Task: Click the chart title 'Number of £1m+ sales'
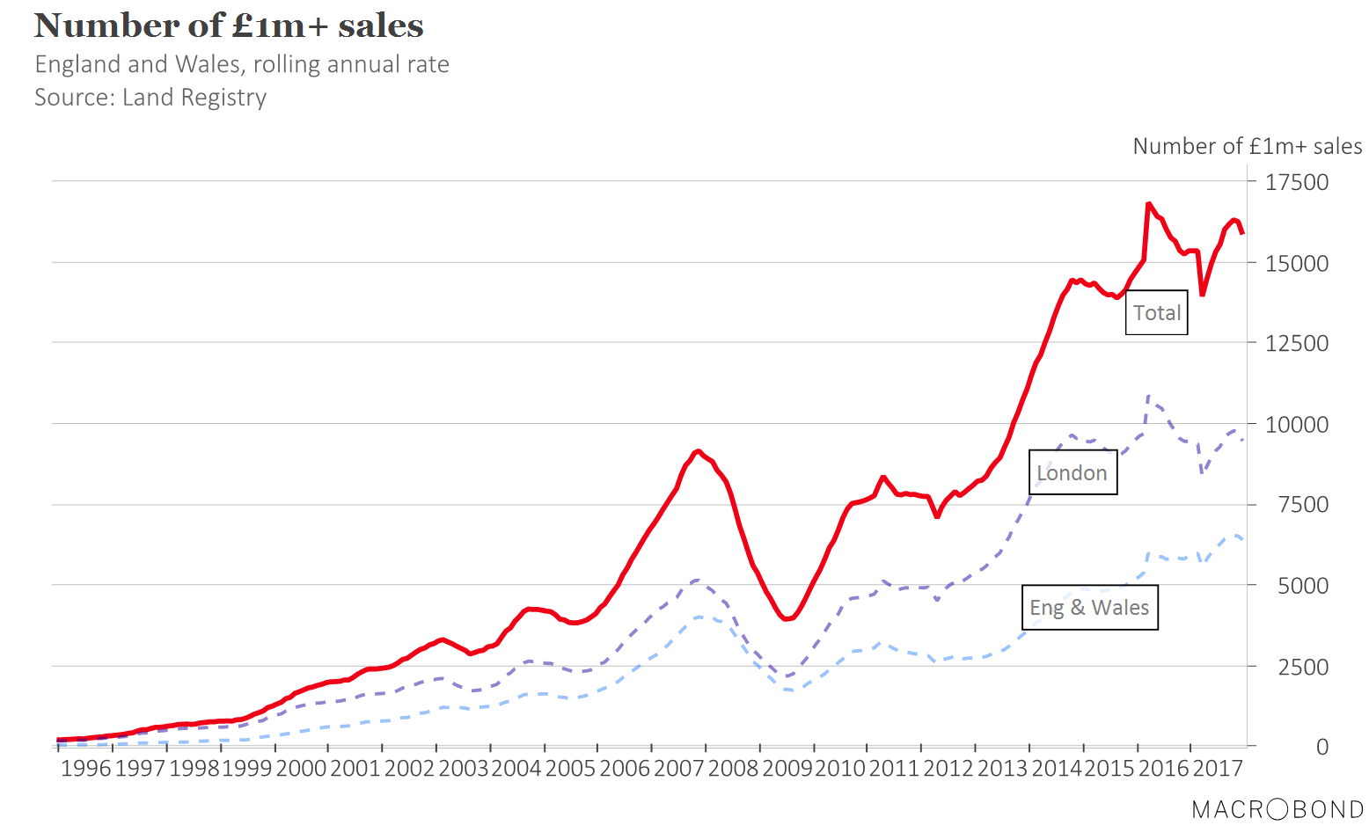[229, 26]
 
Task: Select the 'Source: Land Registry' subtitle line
[150, 97]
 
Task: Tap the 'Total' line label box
[1156, 313]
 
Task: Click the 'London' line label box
[1072, 473]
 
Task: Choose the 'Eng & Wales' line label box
[1089, 608]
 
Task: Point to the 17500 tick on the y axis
[1296, 182]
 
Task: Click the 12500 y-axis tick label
[1296, 343]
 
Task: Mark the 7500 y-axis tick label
[1302, 505]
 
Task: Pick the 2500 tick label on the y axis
[1302, 667]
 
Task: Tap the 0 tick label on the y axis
[1321, 747]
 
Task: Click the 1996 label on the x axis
[85, 769]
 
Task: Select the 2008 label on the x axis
[732, 769]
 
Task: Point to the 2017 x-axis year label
[1217, 769]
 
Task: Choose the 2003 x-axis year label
[463, 769]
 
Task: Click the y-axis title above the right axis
[1247, 146]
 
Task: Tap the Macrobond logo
[1277, 809]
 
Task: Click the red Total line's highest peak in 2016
[1149, 203]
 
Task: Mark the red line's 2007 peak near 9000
[698, 451]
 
